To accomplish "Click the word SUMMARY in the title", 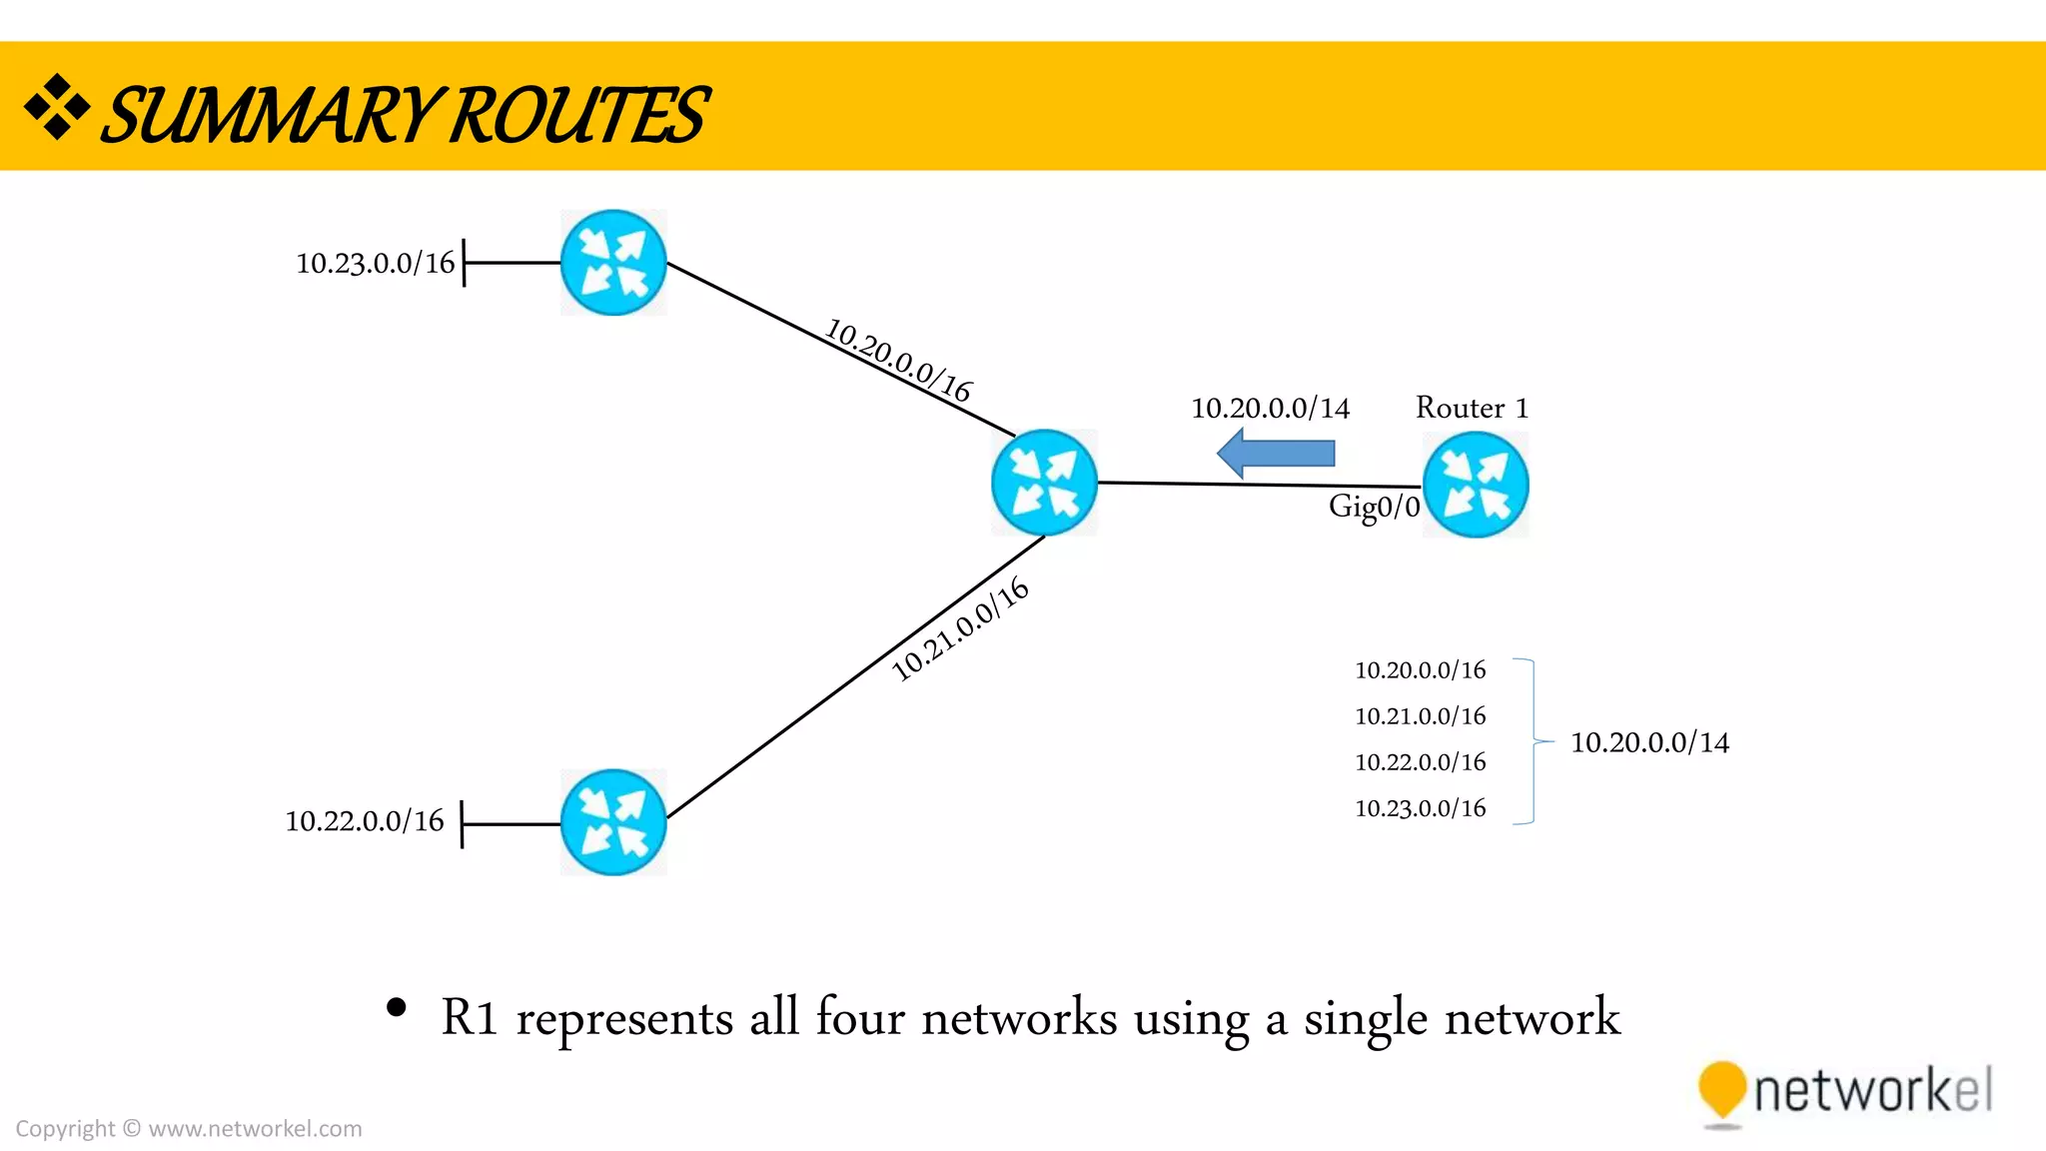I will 270,115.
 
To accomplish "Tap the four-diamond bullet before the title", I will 57,106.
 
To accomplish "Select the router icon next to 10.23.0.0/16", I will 613,263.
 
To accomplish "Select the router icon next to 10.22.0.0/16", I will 613,822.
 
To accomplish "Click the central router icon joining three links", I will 1044,483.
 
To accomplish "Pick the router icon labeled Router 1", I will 1476,485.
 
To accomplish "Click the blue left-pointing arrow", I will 1276,454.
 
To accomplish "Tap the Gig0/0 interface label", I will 1374,507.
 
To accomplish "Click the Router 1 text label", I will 1472,408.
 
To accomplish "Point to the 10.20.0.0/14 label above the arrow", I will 1270,408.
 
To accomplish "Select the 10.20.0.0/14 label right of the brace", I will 1649,742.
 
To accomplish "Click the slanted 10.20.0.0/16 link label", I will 898,361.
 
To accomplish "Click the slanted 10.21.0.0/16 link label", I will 959,629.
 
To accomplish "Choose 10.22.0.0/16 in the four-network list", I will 1420,762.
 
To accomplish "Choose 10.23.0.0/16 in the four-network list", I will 1420,808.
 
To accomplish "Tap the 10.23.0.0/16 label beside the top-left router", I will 375,263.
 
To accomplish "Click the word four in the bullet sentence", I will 860,1018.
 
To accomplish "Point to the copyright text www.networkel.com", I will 255,1129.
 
